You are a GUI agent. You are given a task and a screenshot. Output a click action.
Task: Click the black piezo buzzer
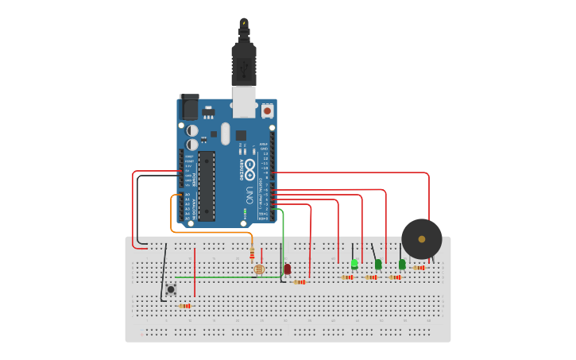421,238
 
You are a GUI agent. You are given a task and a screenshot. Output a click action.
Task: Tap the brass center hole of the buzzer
422,238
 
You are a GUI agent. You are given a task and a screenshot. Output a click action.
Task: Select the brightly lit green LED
354,263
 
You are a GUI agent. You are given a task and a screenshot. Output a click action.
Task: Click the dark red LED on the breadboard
287,269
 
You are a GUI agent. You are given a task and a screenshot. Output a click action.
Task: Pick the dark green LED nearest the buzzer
402,264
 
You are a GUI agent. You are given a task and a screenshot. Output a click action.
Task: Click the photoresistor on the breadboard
258,269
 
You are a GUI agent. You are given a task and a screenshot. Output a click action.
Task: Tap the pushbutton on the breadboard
170,289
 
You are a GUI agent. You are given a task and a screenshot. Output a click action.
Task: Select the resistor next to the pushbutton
185,305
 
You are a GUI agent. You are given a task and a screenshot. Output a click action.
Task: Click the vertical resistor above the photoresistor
252,254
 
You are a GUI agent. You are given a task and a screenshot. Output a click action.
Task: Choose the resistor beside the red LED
299,281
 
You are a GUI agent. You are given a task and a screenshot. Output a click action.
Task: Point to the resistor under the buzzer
418,268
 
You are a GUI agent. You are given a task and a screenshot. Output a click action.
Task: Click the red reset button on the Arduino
267,110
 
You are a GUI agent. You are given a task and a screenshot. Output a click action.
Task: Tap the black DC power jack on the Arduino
189,106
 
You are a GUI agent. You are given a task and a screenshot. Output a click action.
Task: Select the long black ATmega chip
207,185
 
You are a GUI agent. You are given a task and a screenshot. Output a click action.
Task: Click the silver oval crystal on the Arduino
225,133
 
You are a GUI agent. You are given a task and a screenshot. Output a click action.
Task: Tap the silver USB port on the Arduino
244,102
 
